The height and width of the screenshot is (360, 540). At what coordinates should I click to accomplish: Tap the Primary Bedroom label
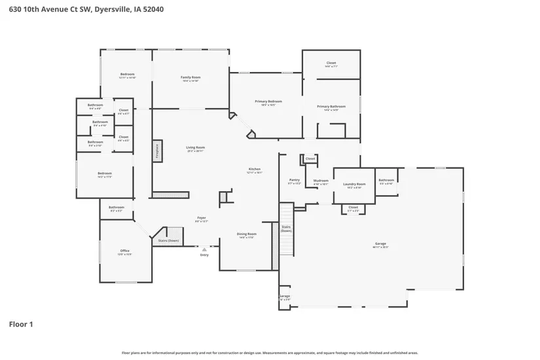point(268,103)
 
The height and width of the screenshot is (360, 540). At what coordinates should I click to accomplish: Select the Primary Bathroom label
point(331,107)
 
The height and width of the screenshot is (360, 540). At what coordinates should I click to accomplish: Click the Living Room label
point(195,149)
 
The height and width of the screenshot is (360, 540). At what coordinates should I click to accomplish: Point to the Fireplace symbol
point(157,151)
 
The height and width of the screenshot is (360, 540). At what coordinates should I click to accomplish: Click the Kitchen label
point(254,170)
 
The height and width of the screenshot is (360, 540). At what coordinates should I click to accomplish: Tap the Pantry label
point(295,181)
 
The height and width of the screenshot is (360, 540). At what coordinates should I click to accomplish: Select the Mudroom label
point(321,182)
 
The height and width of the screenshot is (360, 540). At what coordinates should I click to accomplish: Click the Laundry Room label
point(353,185)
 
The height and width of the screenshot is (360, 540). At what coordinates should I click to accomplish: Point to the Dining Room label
point(246,235)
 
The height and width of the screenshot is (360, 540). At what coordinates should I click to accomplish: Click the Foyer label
point(202,219)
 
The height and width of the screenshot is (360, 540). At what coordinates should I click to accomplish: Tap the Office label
point(124,252)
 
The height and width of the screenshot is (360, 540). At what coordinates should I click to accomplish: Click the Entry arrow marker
point(204,249)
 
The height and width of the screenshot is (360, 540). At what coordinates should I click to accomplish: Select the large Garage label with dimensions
point(381,245)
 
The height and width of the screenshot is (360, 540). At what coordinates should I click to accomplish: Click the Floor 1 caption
point(21,324)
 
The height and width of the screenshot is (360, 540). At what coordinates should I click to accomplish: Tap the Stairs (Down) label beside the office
point(169,241)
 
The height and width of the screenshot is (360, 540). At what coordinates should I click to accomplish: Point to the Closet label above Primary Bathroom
point(331,64)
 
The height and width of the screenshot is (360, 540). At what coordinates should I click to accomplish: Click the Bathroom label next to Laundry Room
point(386,181)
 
